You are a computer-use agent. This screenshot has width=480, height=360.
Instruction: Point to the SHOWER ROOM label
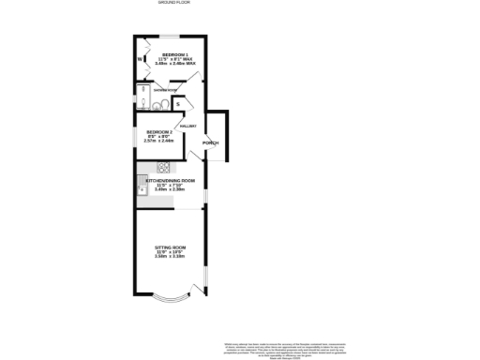click(153, 90)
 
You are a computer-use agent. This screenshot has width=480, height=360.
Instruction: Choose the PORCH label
click(212, 142)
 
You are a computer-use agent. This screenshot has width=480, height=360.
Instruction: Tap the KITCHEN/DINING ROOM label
click(170, 179)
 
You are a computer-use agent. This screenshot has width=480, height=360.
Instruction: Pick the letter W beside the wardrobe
click(141, 59)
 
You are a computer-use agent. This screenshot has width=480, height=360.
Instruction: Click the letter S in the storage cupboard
click(178, 103)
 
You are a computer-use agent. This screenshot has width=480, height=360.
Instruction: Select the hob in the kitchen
click(162, 168)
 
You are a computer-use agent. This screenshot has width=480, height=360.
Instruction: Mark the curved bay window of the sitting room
click(172, 303)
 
